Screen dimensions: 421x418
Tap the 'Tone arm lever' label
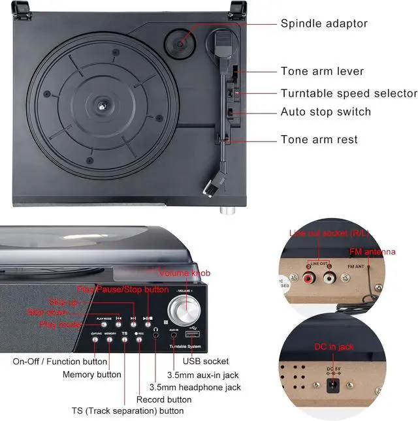coord(322,71)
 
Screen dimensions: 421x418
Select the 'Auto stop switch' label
coord(326,112)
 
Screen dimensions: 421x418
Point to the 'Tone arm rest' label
coord(319,139)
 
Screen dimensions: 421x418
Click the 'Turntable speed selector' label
coord(349,93)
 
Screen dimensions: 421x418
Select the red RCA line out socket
coord(309,278)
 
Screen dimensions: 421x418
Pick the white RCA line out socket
coord(329,278)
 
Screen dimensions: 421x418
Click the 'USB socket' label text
coord(205,361)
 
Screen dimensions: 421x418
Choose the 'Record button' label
coord(164,399)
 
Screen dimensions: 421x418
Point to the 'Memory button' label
coord(91,375)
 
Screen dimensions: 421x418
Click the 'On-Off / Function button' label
coord(60,361)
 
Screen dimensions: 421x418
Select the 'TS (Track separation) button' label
coord(127,411)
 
